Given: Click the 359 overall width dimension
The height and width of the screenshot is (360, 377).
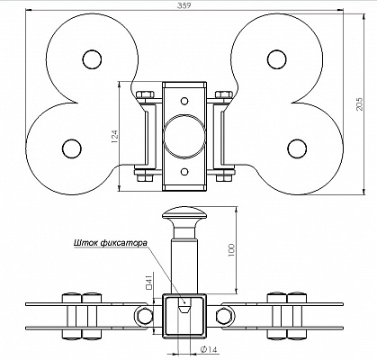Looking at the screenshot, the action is pos(184,5).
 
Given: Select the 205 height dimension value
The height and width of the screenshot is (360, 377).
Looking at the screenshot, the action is pos(359,103).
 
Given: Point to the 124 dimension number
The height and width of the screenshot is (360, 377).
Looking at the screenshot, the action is pos(115,136).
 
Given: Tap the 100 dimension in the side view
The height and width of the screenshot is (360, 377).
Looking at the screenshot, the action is pos(231,250).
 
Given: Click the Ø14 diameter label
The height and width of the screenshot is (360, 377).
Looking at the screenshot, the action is pos(208,349).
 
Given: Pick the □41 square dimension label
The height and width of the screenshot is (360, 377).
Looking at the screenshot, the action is pos(149,283).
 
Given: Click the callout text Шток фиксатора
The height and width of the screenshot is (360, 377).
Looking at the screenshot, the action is pos(111,242).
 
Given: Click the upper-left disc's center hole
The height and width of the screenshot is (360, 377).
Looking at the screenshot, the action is pos(92,59).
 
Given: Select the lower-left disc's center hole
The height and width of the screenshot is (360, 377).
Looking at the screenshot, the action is pos(72,148).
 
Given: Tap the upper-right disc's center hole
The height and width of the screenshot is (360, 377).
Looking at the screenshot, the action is pos(276,59).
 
